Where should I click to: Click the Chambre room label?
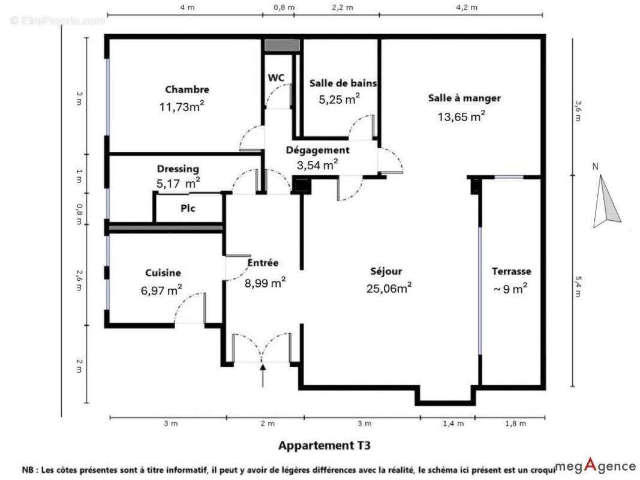coord(187,89)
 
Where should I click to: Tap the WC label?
coord(277,77)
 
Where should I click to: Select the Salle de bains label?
coord(343,83)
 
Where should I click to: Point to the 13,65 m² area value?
coord(461,116)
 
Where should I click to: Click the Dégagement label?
coord(317,150)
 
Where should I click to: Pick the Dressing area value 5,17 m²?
coord(178,183)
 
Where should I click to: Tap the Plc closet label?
coord(188,208)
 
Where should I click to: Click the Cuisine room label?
coord(163,272)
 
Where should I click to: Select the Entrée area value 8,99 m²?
coord(265,282)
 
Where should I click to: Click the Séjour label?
coord(386,271)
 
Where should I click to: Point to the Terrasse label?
coord(512,271)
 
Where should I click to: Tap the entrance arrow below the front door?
coord(263,374)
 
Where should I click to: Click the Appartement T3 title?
coord(324,445)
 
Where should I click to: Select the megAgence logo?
coord(596,466)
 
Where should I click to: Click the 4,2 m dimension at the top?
coord(467,7)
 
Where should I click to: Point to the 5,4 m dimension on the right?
coord(578,287)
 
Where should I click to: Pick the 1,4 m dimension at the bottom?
coord(453,424)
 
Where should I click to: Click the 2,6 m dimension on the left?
coord(79,280)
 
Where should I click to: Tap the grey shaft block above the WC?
coord(282,45)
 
